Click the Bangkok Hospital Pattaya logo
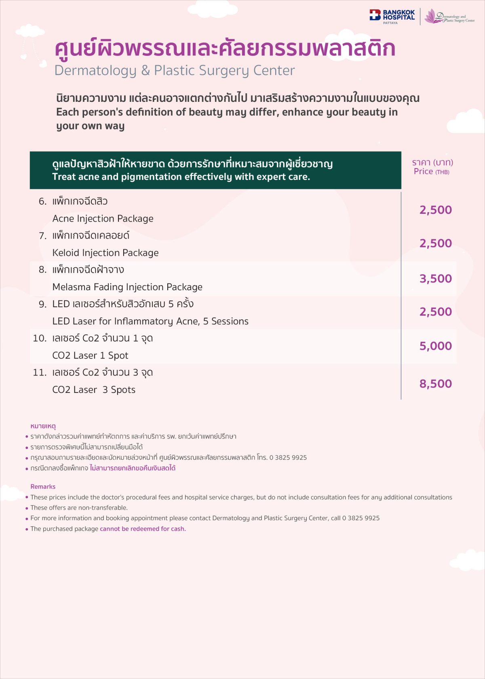(392, 16)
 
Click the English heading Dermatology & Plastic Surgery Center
(175, 70)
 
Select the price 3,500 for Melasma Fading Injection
(435, 278)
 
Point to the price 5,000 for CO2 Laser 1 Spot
(435, 346)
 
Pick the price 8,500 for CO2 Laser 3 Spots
(435, 384)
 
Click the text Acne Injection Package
(103, 219)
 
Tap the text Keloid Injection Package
(105, 253)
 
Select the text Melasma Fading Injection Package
(127, 287)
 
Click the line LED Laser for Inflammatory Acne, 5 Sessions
(150, 321)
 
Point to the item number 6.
(42, 201)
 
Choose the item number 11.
(40, 373)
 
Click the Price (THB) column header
(431, 171)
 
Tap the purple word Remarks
(43, 487)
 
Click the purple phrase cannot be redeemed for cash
(143, 529)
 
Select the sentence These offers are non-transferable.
(79, 508)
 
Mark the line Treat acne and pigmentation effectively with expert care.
(181, 177)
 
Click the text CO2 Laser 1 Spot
(90, 356)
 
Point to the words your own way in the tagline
(90, 126)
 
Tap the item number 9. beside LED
(42, 304)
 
